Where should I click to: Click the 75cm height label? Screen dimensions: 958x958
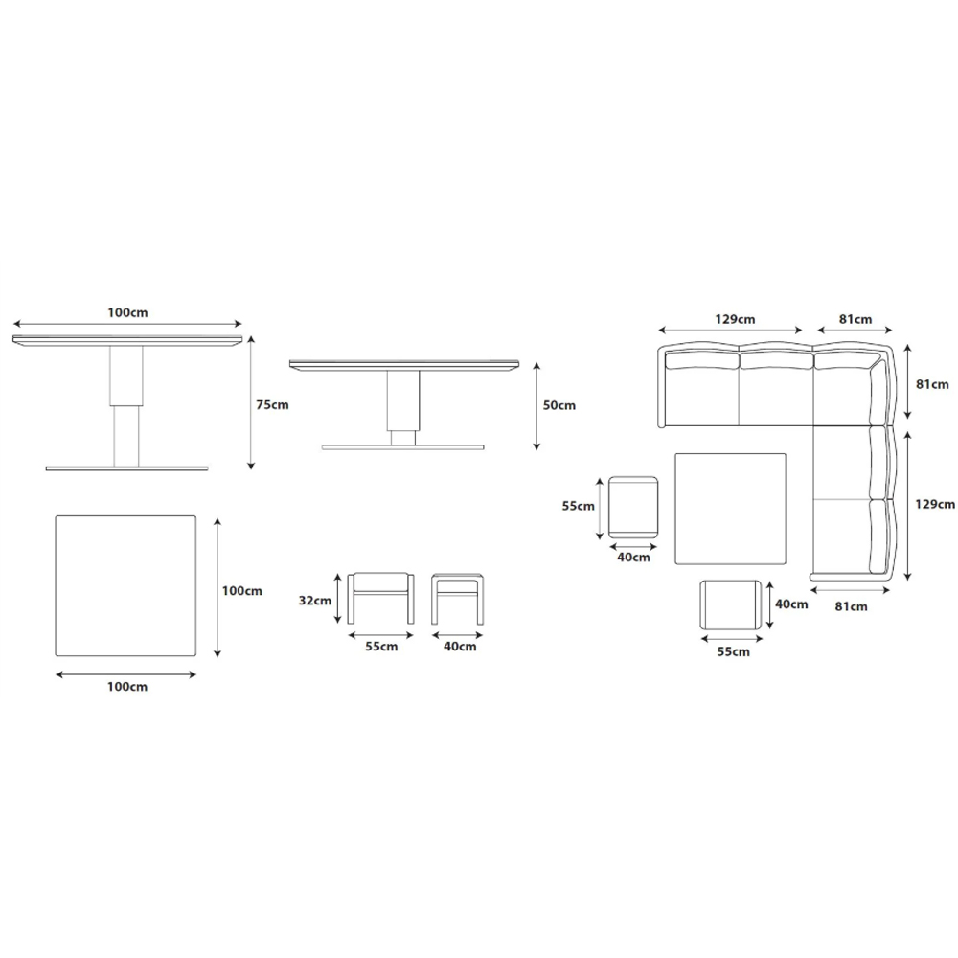pos(272,404)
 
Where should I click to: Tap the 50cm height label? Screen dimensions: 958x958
pos(559,405)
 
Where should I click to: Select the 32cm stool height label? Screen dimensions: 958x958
pos(314,601)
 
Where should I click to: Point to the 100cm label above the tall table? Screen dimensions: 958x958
pos(127,313)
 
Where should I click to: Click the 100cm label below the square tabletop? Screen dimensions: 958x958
pos(127,687)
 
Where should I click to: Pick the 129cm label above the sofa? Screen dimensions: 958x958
pos(735,320)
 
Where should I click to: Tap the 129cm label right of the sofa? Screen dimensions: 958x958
pos(935,504)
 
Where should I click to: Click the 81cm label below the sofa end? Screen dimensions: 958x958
pos(851,606)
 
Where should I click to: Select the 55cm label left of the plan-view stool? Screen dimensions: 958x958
pos(578,506)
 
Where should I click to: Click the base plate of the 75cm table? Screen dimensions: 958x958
pos(127,468)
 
